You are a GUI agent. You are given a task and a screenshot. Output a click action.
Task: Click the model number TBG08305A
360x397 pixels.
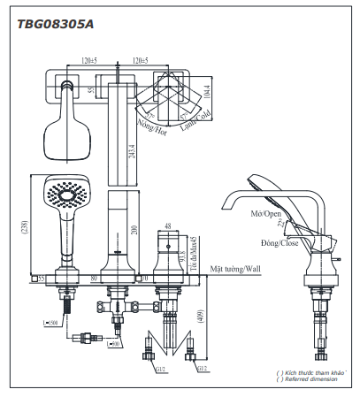click(55, 25)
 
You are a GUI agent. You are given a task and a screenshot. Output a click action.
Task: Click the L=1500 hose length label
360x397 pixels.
click(52, 324)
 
